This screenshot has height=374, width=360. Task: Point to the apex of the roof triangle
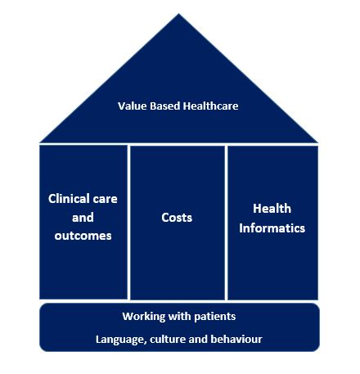point(178,14)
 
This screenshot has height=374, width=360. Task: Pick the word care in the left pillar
point(106,200)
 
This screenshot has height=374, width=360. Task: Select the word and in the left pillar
point(83,218)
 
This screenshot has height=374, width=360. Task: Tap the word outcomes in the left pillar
point(83,236)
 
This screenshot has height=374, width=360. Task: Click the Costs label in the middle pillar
point(177,218)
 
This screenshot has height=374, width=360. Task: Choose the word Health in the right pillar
point(272,209)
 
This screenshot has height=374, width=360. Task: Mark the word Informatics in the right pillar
point(272,228)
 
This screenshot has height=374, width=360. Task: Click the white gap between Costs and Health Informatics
point(227,223)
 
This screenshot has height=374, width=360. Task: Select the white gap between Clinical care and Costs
point(128,223)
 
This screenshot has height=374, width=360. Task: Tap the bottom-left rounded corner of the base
point(42,349)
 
